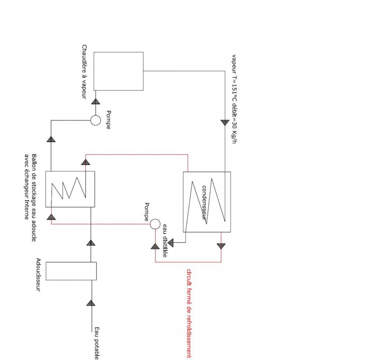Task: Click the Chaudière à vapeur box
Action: (x=118, y=71)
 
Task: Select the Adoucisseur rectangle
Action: (x=71, y=271)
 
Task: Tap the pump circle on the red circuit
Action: (x=155, y=224)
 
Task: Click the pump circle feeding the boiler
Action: (x=95, y=121)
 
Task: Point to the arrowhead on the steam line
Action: (x=225, y=122)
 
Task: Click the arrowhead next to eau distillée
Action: (x=171, y=243)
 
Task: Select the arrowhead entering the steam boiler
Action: (x=95, y=101)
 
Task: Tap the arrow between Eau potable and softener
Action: (x=91, y=303)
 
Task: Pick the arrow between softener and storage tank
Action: (x=91, y=243)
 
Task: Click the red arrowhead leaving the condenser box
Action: (x=221, y=246)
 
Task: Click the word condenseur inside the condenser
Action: (x=204, y=202)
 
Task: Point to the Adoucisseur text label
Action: (x=39, y=275)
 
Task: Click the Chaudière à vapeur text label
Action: (x=84, y=71)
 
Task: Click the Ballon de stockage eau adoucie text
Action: (x=34, y=197)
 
